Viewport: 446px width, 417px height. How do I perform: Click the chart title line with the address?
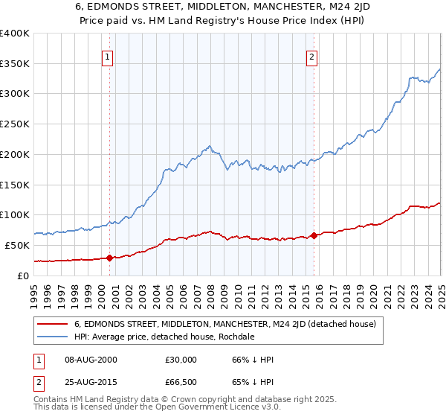223,7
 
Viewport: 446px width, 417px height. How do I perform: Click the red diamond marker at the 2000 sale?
109,258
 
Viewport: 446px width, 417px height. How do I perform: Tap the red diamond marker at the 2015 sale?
314,235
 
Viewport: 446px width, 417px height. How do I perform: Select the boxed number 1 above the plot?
108,56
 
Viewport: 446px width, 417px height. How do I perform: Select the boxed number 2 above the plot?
311,56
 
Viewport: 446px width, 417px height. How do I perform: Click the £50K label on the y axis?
18,245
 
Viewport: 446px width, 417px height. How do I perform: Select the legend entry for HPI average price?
164,337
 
